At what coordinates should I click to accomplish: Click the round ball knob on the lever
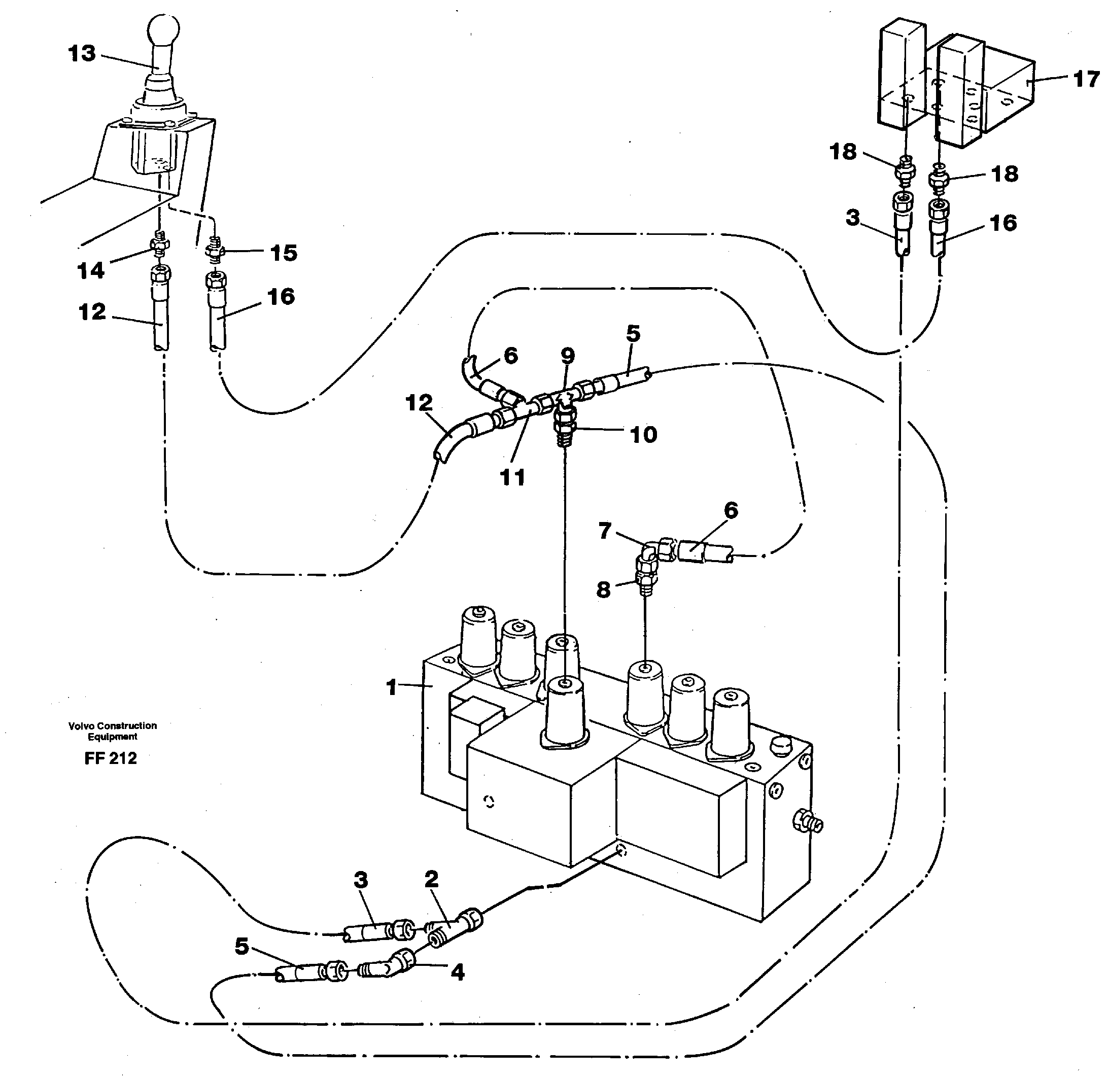[163, 30]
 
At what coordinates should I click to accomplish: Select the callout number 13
[82, 54]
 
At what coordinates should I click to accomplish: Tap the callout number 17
[1086, 80]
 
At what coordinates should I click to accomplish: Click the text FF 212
[111, 758]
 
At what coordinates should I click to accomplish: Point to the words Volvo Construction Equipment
[112, 731]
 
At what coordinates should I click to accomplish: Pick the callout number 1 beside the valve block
[391, 687]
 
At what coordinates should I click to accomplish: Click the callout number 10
[643, 435]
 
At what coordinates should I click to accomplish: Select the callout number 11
[512, 477]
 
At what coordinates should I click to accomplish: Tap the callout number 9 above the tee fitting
[567, 356]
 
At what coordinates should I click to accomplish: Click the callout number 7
[605, 531]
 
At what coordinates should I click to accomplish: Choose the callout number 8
[604, 590]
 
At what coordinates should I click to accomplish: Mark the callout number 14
[91, 270]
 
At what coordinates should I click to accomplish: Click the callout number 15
[283, 253]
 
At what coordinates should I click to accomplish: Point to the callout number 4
[457, 972]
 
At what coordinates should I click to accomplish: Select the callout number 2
[431, 879]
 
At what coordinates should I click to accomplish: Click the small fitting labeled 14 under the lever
[160, 245]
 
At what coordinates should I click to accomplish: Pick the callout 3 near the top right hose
[853, 218]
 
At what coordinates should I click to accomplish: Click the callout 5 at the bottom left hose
[242, 946]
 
